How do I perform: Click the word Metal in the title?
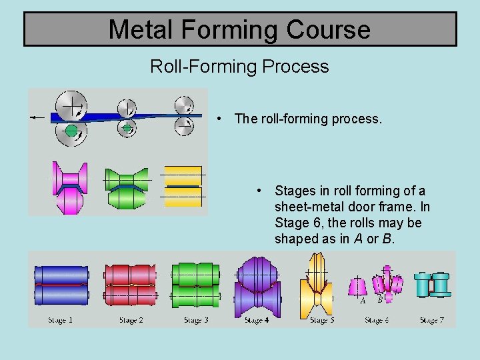(140, 29)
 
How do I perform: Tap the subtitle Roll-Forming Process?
(239, 67)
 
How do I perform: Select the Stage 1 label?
(61, 321)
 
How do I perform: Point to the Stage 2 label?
(131, 321)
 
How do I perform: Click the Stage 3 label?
(196, 321)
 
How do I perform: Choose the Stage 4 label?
(257, 321)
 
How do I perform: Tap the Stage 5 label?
(322, 321)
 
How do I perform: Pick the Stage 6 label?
(377, 321)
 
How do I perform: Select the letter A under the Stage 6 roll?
(363, 301)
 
